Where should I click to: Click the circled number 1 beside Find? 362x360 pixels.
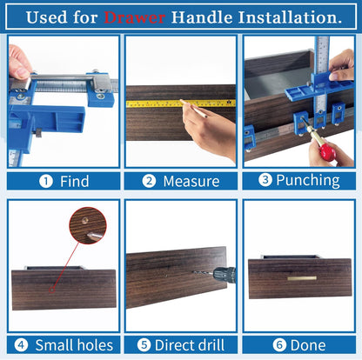(x=44, y=182)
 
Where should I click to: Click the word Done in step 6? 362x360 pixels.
(x=308, y=345)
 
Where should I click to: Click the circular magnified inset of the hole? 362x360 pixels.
(x=88, y=224)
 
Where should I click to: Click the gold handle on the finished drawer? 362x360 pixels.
(x=301, y=277)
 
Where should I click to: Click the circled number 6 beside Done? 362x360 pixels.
(x=279, y=345)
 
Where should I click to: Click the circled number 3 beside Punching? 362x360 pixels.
(x=264, y=181)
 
